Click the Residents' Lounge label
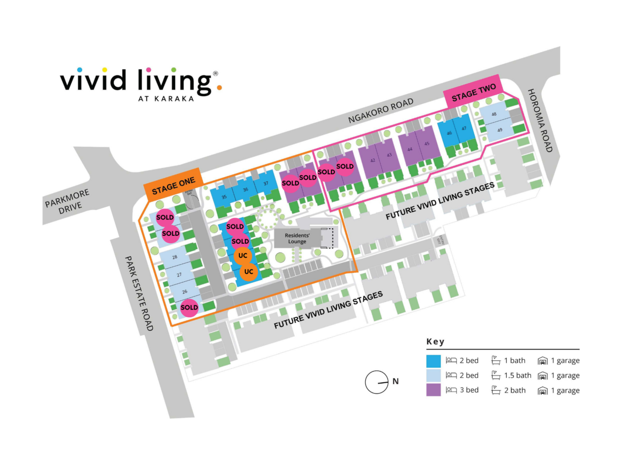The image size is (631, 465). (297, 238)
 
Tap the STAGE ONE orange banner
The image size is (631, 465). (173, 186)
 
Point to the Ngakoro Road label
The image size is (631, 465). (381, 110)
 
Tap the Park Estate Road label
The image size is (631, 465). (139, 294)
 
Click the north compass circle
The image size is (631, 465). (376, 382)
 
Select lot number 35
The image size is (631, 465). (224, 197)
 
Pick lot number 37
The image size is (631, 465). (266, 184)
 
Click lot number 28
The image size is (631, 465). (175, 257)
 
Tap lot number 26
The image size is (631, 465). (184, 292)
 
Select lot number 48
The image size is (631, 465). (494, 114)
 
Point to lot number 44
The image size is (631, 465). (410, 149)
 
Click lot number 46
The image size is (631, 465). (449, 133)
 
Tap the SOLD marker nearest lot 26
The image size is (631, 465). (189, 308)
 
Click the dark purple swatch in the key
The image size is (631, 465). (433, 390)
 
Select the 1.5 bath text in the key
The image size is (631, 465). (517, 375)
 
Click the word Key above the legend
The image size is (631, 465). (435, 341)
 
